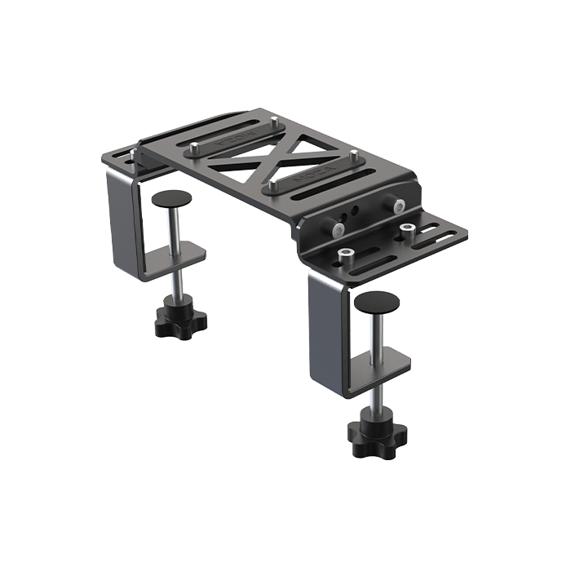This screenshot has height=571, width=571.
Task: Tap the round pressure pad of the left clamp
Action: [172, 197]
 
